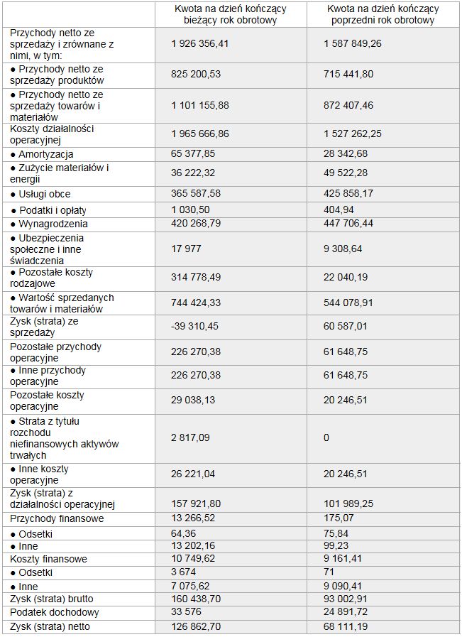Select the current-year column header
coord(230,14)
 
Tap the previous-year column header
coord(383,14)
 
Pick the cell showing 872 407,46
coord(348,105)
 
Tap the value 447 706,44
coord(348,223)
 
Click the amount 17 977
coord(186,249)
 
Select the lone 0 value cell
coord(326,437)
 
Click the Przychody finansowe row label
coord(57,519)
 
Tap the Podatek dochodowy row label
coord(55,612)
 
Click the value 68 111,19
coord(346,626)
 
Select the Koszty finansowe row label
coord(49,559)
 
